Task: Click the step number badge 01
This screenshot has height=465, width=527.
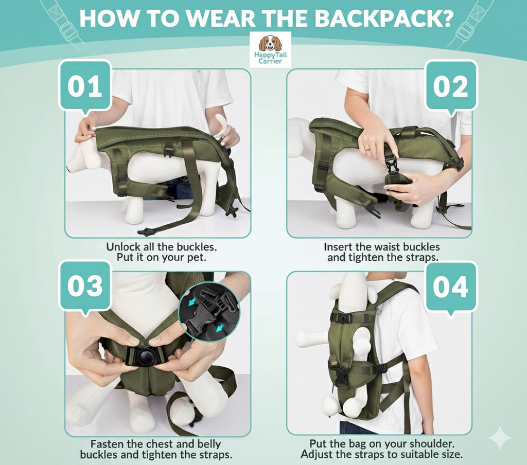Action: click(85, 86)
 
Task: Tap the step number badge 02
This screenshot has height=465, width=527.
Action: click(451, 86)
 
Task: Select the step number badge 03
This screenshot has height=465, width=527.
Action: click(85, 286)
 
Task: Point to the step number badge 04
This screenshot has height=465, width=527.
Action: click(451, 286)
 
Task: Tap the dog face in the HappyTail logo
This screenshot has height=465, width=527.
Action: click(270, 43)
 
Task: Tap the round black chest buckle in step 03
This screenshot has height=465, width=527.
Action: click(147, 355)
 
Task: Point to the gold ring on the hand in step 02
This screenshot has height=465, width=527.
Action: click(367, 149)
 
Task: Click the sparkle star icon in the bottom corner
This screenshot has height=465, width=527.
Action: click(500, 438)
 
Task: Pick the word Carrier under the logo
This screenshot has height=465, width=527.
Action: click(270, 61)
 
